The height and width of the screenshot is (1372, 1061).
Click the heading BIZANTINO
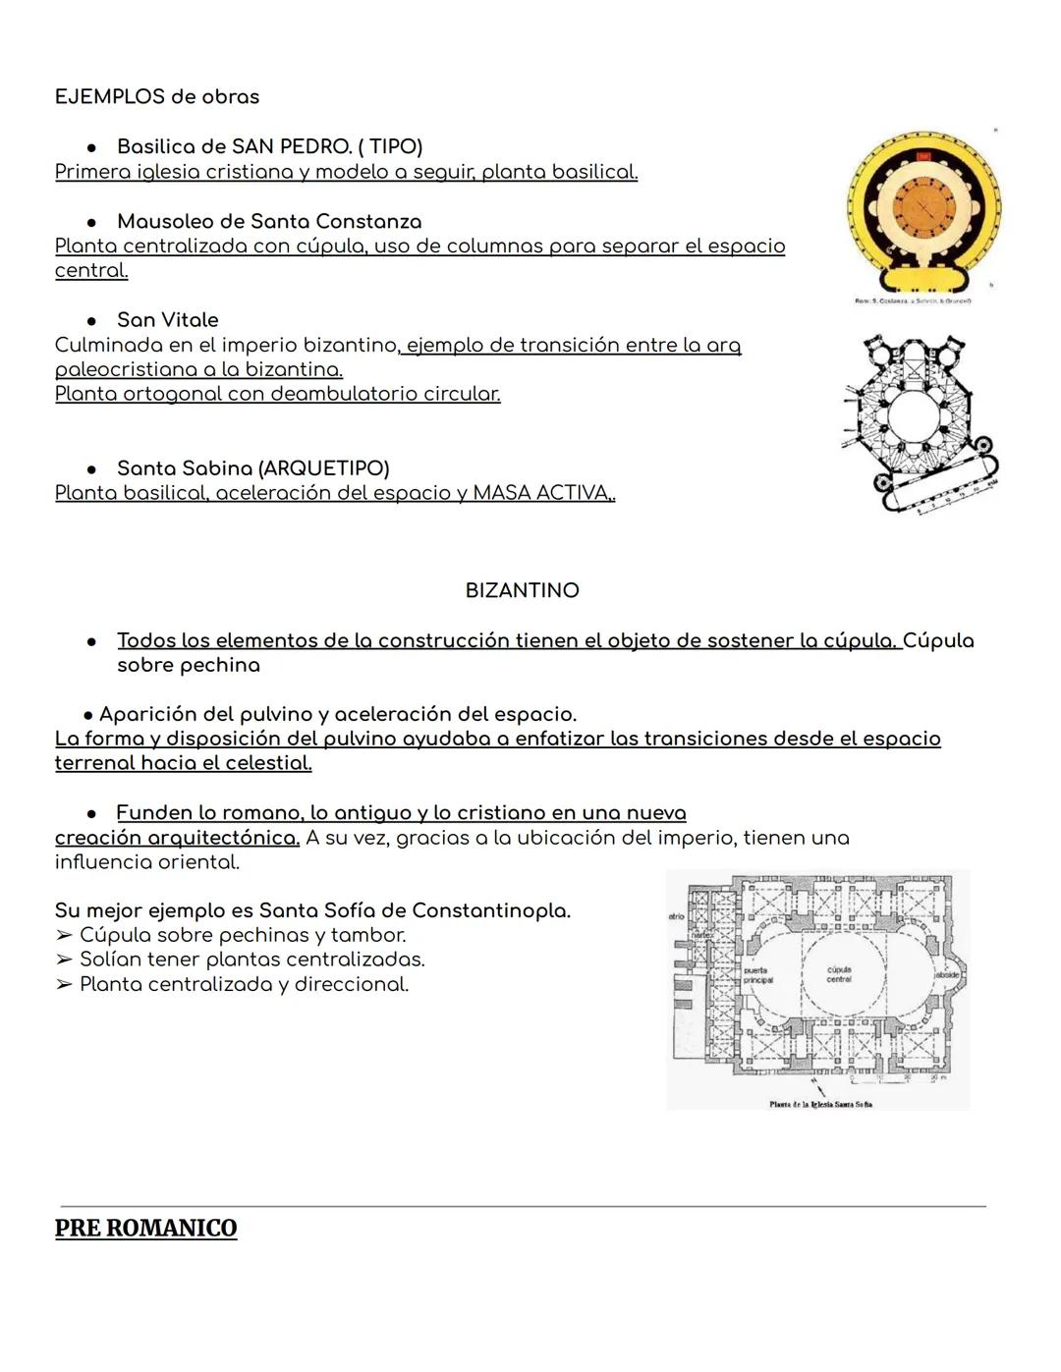pos(522,590)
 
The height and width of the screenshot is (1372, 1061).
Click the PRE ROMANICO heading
pos(145,1228)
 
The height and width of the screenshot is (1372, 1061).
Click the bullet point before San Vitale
pos(91,320)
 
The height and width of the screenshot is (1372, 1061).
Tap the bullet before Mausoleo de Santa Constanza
pos(91,222)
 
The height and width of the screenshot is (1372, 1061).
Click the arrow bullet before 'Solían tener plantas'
pos(64,960)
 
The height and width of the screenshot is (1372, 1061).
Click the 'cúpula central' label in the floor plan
pos(838,973)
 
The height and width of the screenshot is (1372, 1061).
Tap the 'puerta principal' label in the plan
pos(757,974)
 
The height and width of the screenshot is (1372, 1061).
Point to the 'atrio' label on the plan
pos(676,916)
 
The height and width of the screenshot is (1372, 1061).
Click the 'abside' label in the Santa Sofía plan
pos(947,974)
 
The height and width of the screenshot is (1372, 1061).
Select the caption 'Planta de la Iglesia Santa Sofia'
pos(820,1104)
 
